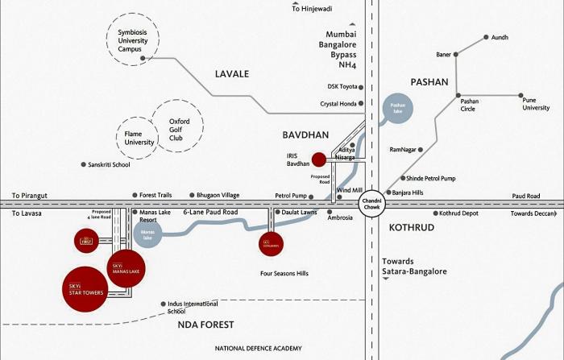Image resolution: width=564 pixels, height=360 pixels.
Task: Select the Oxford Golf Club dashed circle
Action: click(x=178, y=126)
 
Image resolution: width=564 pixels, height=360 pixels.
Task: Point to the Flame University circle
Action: click(x=139, y=138)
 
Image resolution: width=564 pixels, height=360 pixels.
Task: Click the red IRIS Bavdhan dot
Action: click(x=319, y=159)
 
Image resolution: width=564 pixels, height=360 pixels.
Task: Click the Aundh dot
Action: click(x=487, y=37)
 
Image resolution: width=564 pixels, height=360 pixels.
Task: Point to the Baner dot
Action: click(x=456, y=55)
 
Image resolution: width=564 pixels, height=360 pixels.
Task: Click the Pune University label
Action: click(x=536, y=103)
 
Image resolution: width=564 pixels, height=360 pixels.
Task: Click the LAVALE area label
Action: click(x=232, y=74)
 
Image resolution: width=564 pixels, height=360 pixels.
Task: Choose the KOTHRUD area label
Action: click(x=412, y=228)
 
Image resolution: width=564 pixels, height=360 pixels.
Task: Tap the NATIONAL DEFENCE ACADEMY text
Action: click(x=258, y=349)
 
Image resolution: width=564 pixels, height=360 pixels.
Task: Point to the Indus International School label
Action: click(x=190, y=307)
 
